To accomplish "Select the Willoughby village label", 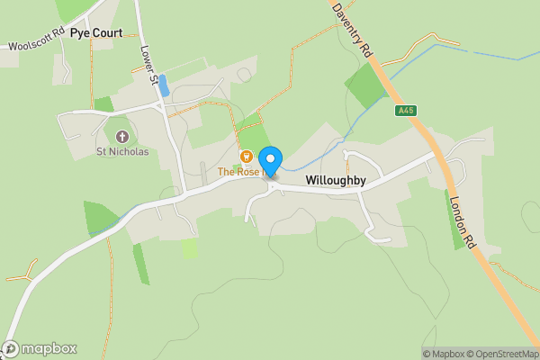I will click(x=335, y=180).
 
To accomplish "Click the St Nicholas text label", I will click(x=122, y=151).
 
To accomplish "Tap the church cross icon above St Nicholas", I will click(x=122, y=137).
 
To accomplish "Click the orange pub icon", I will click(x=245, y=157).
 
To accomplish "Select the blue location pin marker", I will click(x=271, y=159).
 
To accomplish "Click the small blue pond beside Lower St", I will click(x=163, y=88).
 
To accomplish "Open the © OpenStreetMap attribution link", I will click(x=502, y=354).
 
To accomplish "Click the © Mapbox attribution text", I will click(x=444, y=354).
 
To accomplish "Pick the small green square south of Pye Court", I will click(x=103, y=104).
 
